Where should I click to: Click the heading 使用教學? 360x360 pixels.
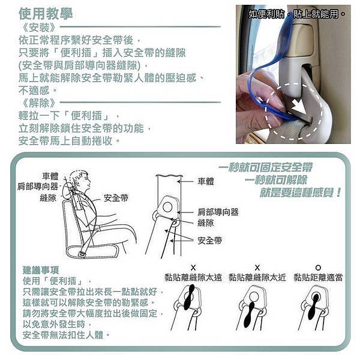click(46, 14)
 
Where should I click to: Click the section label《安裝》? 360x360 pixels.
click(38, 28)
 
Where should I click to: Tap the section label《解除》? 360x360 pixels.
click(38, 103)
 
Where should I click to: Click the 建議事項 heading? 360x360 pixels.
click(41, 270)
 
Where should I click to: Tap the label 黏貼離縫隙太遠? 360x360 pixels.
click(193, 277)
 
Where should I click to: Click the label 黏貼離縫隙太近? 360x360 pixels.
click(257, 277)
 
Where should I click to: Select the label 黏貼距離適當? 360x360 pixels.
click(318, 277)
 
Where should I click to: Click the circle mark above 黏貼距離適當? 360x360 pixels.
click(318, 268)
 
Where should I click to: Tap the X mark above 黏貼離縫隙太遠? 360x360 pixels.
click(193, 268)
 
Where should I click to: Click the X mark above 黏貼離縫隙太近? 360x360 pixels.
click(257, 268)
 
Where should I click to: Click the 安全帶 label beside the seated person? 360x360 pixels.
click(116, 198)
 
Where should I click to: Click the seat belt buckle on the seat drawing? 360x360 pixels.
click(81, 254)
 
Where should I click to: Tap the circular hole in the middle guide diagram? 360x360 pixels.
click(167, 208)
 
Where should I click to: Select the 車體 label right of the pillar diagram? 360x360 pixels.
click(206, 181)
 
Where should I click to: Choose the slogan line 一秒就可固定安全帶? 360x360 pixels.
click(266, 167)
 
